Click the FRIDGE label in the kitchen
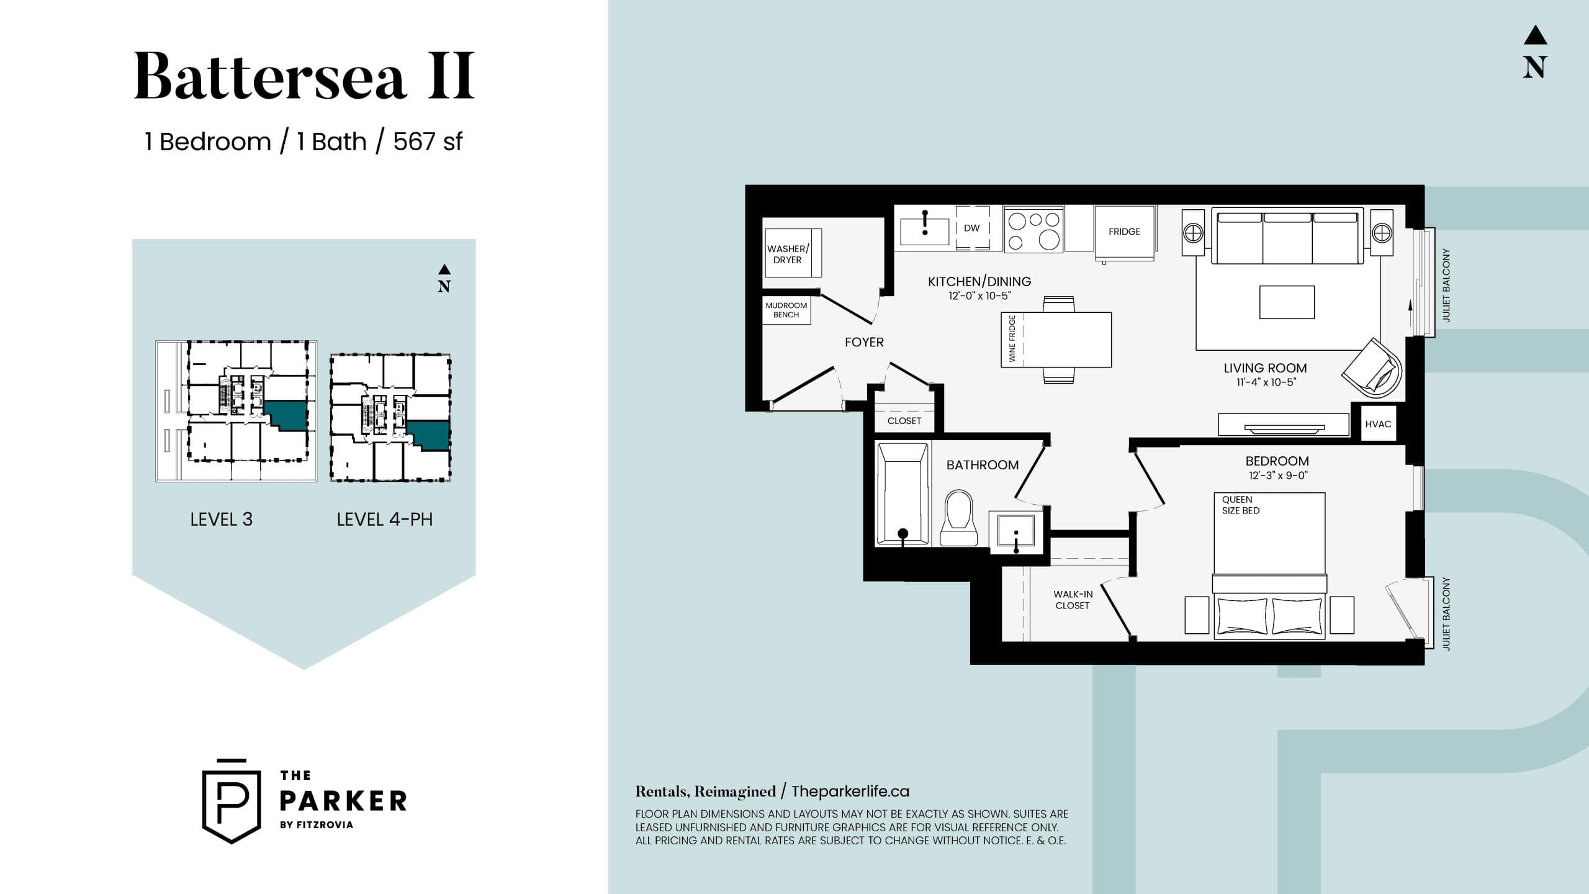pyautogui.click(x=1124, y=232)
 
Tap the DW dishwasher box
pyautogui.click(x=972, y=228)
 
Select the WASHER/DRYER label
pyautogui.click(x=788, y=254)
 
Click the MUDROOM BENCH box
pyautogui.click(x=786, y=310)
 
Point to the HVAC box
pyautogui.click(x=1378, y=424)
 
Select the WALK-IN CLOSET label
pyautogui.click(x=1073, y=600)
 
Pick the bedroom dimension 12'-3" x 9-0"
pyautogui.click(x=1277, y=476)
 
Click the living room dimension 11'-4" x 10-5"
pyautogui.click(x=1265, y=382)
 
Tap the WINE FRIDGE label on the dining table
pyautogui.click(x=1012, y=339)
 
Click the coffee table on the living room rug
pyautogui.click(x=1287, y=302)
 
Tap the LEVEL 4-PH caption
pyautogui.click(x=384, y=520)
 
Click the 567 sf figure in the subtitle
pyautogui.click(x=428, y=142)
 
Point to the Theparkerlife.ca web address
pyautogui.click(x=850, y=792)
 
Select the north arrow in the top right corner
pyautogui.click(x=1534, y=52)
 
